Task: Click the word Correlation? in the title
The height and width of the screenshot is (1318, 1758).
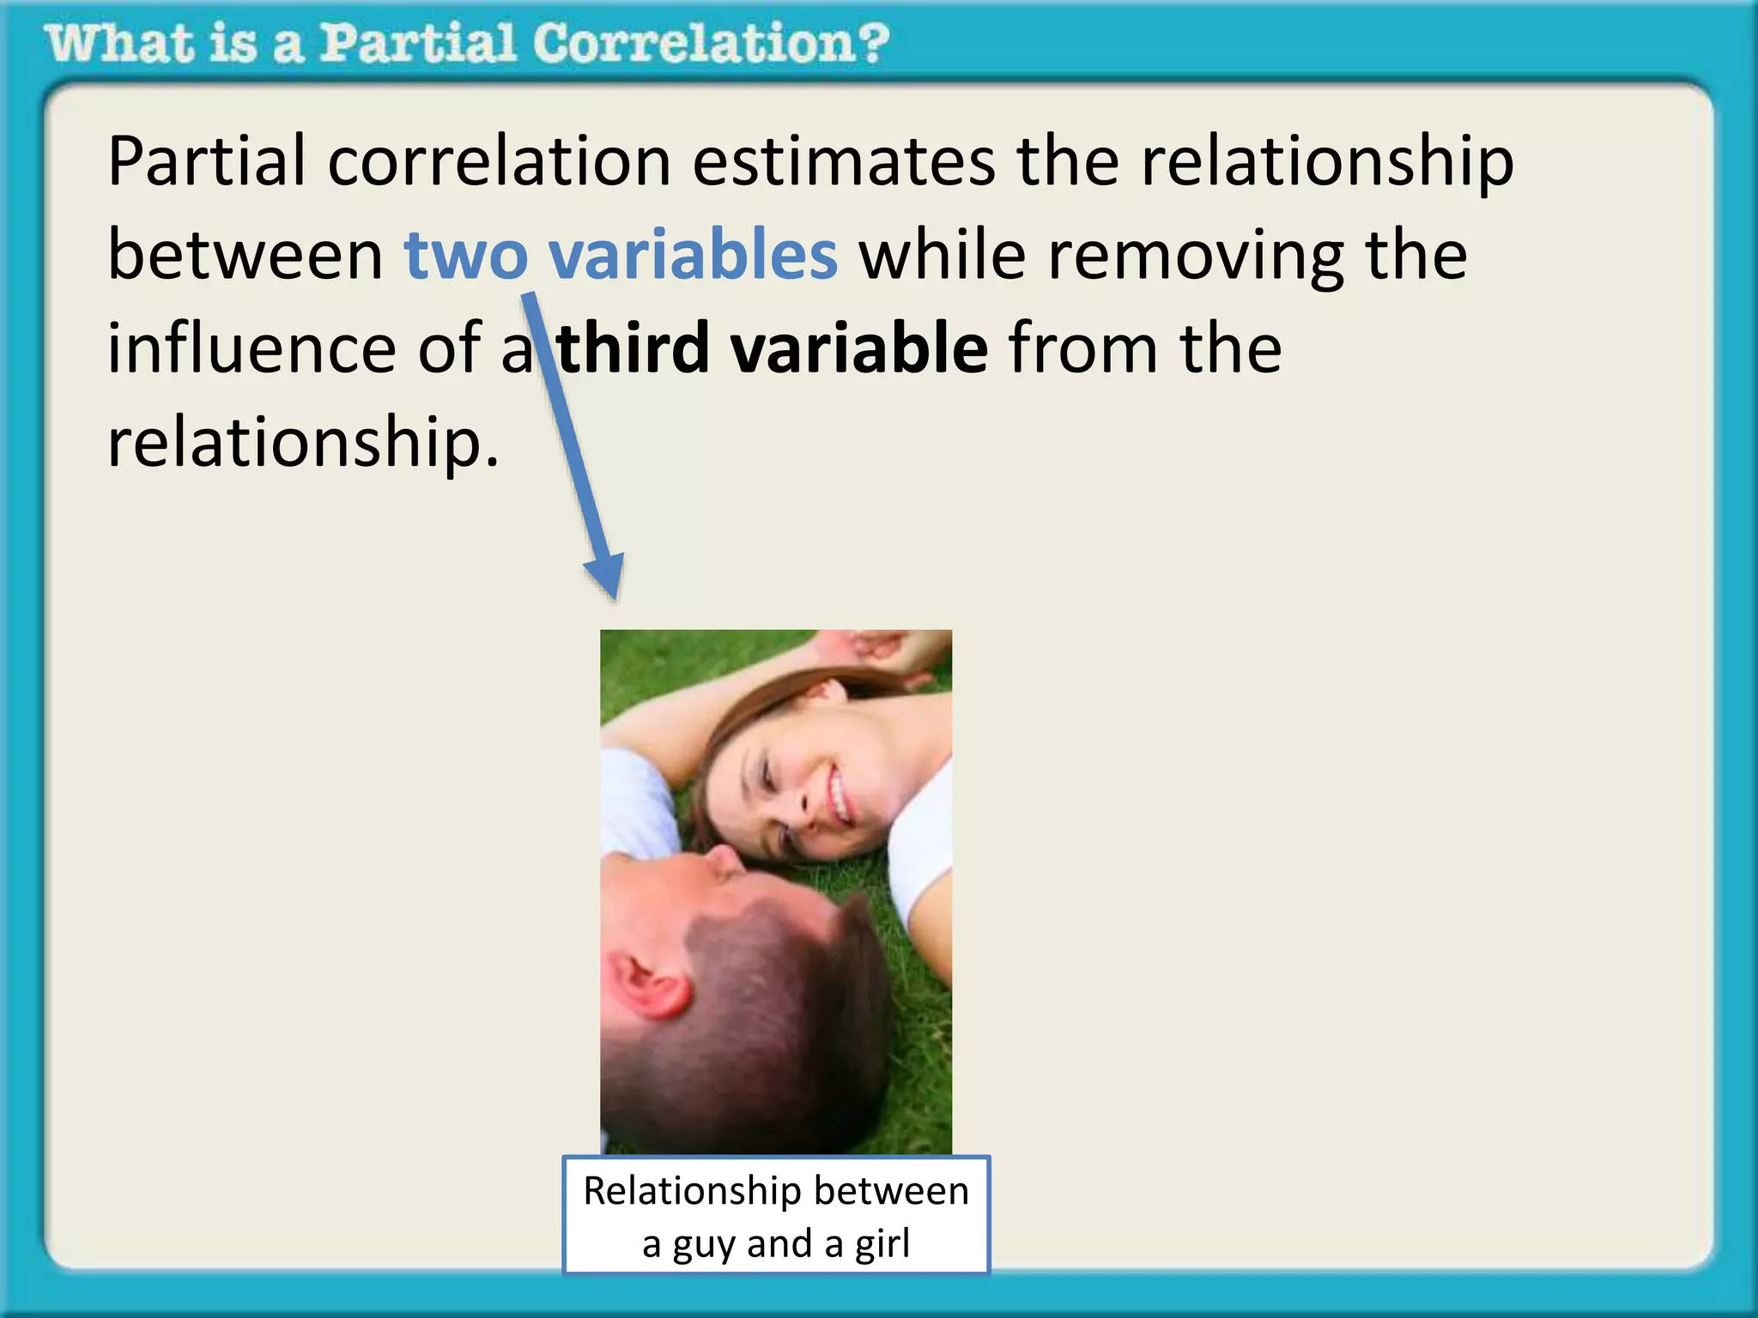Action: click(711, 43)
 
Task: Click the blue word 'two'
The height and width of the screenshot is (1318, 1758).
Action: click(466, 255)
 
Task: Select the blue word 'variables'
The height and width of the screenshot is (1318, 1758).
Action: click(693, 255)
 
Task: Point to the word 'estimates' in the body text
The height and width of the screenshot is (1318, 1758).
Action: click(844, 161)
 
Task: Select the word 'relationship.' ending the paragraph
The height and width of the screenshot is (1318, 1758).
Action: click(302, 443)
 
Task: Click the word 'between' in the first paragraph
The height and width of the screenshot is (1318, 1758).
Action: click(245, 255)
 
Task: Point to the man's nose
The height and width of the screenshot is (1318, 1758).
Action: click(725, 858)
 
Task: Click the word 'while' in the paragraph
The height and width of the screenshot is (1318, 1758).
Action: click(943, 255)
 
